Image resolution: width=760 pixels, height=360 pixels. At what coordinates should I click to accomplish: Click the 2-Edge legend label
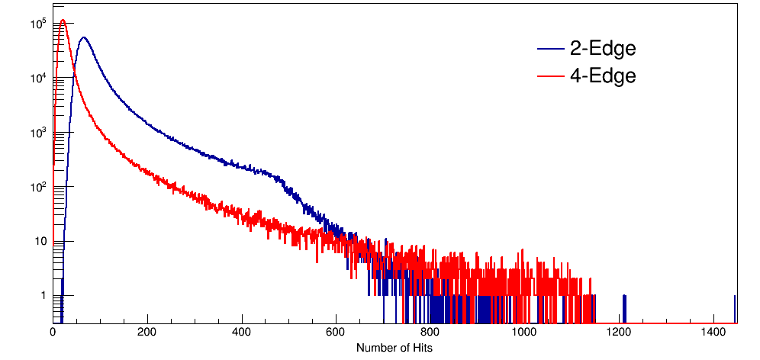click(x=602, y=50)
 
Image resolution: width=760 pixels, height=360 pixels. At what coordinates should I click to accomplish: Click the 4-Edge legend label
click(x=602, y=76)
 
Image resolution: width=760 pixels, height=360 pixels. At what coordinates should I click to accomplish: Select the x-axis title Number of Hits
click(x=394, y=348)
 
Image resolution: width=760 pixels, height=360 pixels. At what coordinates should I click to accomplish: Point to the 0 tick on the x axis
click(x=53, y=333)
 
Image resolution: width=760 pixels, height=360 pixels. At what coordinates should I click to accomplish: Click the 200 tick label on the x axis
click(x=147, y=333)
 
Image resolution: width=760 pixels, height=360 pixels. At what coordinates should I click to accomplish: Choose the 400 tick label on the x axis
click(x=242, y=333)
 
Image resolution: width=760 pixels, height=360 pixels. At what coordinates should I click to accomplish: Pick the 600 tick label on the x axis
click(x=336, y=333)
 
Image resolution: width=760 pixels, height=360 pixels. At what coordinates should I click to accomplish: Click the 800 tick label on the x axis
click(x=430, y=333)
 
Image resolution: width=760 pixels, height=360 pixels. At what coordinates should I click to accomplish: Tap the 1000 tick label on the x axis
click(x=524, y=333)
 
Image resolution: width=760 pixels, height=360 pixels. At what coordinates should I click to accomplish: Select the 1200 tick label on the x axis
click(x=619, y=333)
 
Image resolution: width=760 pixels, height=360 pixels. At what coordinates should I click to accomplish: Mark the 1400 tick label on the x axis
click(x=713, y=333)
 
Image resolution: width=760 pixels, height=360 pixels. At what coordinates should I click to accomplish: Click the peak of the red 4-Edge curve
click(x=63, y=21)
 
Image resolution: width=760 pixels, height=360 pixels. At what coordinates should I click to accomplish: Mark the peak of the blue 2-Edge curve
click(x=83, y=37)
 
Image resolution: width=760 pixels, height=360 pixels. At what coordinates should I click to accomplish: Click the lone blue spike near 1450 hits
click(x=735, y=305)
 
